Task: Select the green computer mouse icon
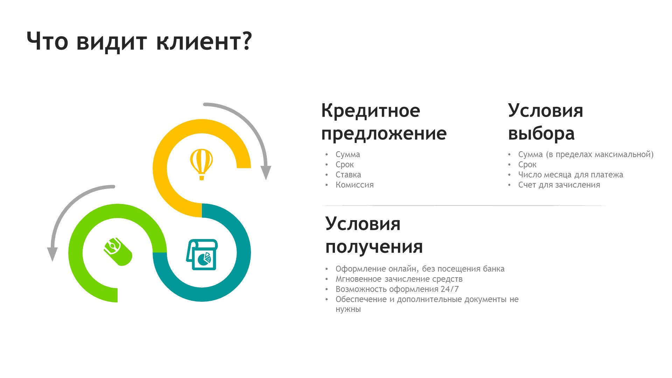118,252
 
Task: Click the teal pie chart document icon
202,254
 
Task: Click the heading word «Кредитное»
371,111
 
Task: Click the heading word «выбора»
541,133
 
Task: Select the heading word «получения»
374,247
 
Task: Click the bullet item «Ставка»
348,175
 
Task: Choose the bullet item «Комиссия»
355,185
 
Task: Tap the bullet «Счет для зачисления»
559,185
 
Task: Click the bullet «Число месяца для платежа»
570,175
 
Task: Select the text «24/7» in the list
450,289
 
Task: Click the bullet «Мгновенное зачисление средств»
399,279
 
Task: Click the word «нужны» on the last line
348,309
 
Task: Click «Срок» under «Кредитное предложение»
345,164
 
